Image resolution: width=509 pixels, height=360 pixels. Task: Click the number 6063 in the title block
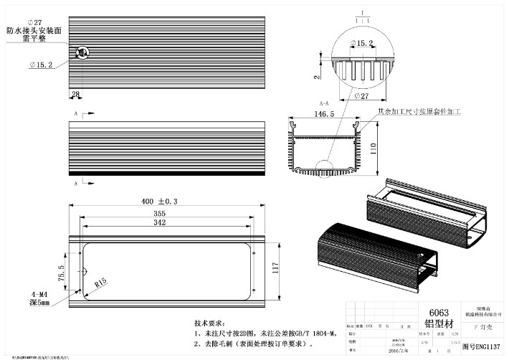(x=438, y=313)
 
